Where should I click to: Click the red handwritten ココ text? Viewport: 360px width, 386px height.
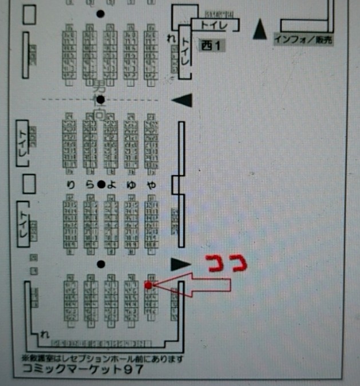coord(227,262)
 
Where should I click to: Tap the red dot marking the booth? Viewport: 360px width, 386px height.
coord(148,284)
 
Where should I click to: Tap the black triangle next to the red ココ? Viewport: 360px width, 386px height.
coord(180,263)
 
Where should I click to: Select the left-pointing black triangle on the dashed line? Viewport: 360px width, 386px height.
coord(182,100)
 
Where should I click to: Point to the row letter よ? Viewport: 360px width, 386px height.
coord(113,184)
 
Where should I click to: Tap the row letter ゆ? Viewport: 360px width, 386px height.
coord(132,184)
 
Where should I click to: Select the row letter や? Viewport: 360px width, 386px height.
coord(151,184)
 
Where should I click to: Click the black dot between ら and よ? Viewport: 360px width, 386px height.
coord(101,184)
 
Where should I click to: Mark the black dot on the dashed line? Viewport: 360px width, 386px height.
coord(100,99)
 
